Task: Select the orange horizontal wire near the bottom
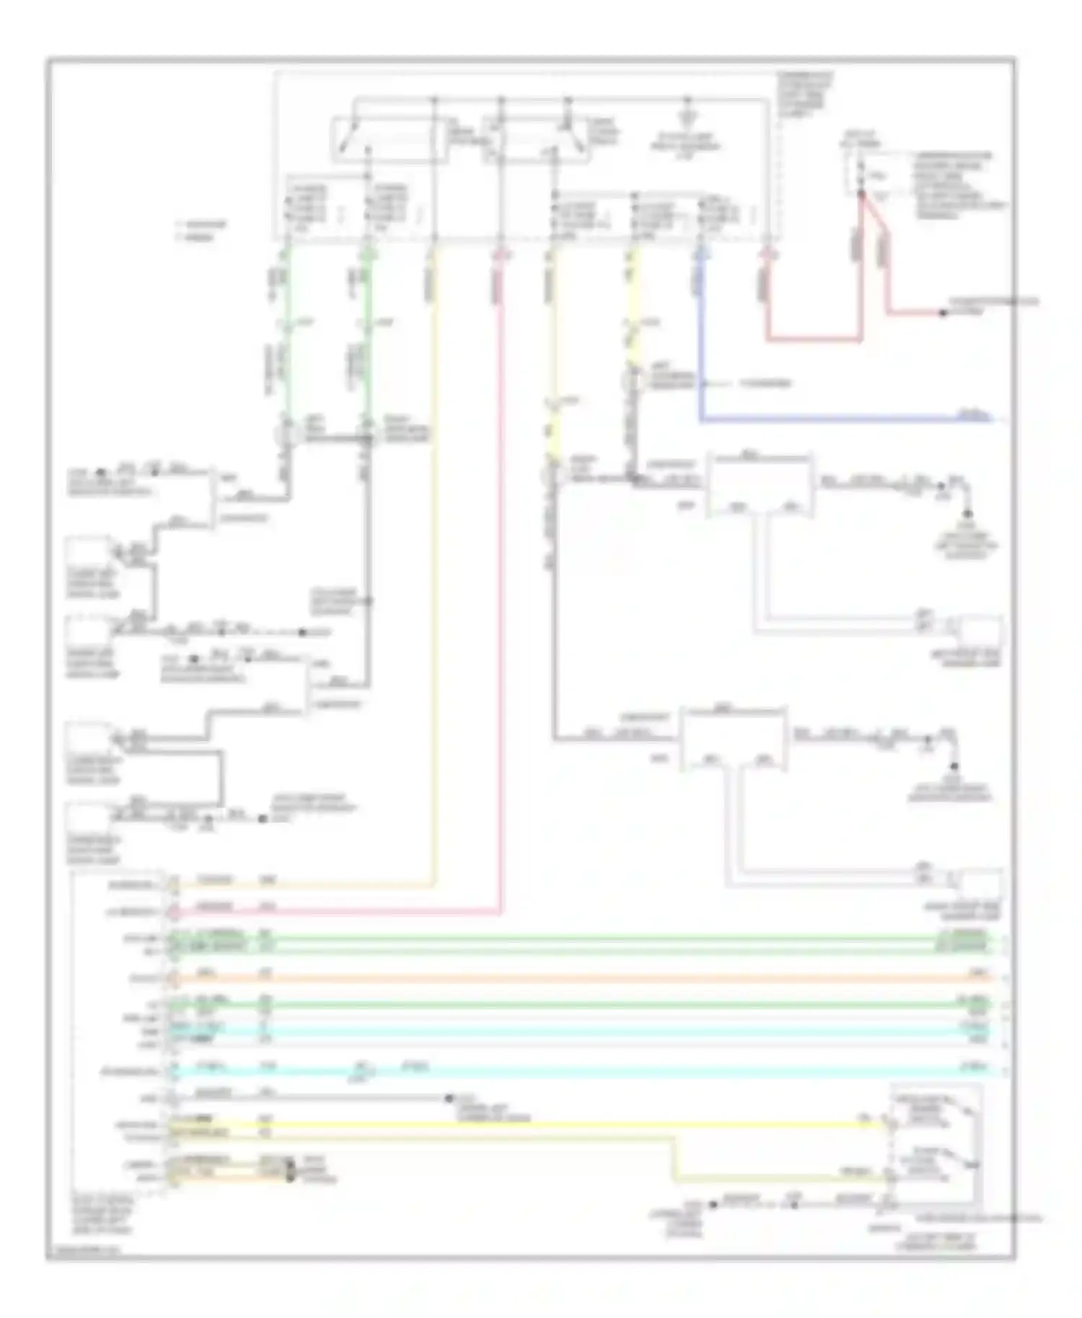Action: (577, 978)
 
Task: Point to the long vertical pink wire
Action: (500, 577)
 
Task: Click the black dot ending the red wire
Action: (942, 313)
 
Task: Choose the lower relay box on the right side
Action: (734, 737)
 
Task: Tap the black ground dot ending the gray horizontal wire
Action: (449, 1098)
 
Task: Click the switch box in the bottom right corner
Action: (936, 1146)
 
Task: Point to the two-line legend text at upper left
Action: (202, 231)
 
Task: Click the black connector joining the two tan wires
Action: (290, 1172)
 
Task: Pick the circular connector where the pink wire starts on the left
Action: (173, 912)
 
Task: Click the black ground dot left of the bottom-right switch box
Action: (712, 1204)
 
